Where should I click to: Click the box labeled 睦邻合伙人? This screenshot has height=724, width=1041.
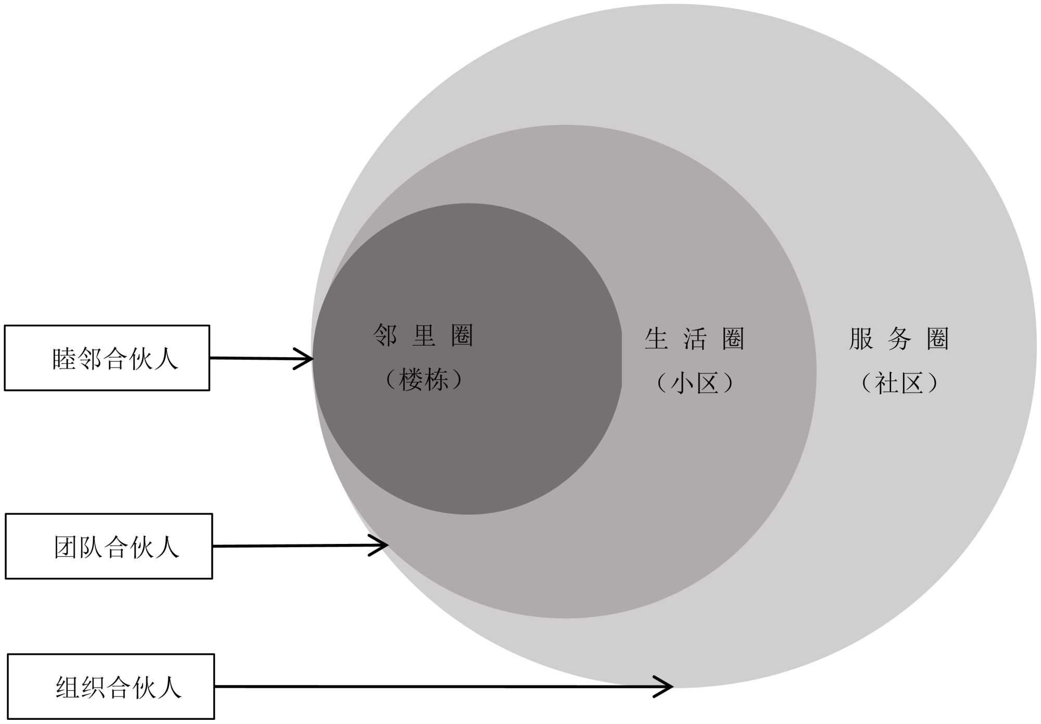click(107, 358)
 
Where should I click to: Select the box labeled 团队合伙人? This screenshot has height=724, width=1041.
click(109, 546)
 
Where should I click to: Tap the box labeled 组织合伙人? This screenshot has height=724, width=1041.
click(111, 687)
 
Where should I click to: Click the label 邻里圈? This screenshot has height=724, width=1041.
click(423, 336)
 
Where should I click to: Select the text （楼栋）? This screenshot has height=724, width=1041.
click(423, 379)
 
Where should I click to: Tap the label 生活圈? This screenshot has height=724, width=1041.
click(694, 339)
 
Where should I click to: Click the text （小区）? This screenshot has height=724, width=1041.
click(695, 384)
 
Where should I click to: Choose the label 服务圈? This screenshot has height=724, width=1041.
click(899, 339)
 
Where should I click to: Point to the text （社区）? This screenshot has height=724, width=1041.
click(899, 384)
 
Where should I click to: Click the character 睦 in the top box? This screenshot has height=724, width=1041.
click(64, 359)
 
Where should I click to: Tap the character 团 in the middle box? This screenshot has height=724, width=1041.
click(66, 548)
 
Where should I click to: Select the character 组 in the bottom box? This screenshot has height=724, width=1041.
click(68, 688)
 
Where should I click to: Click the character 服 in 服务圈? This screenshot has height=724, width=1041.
click(861, 339)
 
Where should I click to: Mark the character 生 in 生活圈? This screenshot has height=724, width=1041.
click(656, 339)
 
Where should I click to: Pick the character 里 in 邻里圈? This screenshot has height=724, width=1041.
click(424, 336)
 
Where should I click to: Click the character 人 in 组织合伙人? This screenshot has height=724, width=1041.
click(170, 688)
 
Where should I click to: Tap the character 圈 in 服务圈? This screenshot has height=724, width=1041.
click(938, 339)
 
